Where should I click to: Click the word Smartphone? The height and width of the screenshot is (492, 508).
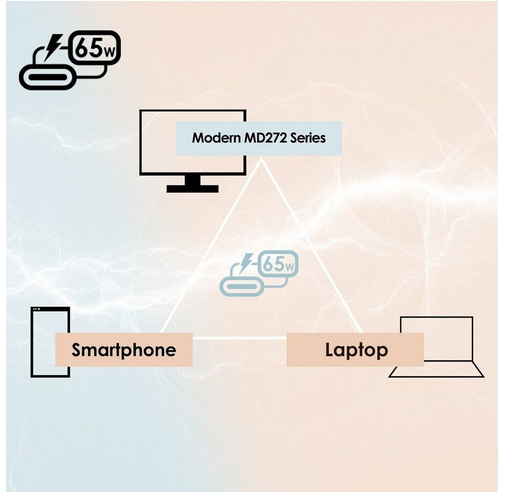pyautogui.click(x=123, y=350)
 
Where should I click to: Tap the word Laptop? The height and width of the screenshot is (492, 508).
pyautogui.click(x=356, y=350)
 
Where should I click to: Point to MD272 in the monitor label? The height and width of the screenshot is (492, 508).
pyautogui.click(x=264, y=138)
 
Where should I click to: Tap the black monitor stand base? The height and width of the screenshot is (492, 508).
pyautogui.click(x=193, y=189)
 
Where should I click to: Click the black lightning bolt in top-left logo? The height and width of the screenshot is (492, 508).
pyautogui.click(x=53, y=46)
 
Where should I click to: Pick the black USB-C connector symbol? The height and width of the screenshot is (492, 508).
pyautogui.click(x=48, y=79)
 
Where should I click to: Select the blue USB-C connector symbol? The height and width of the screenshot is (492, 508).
pyautogui.click(x=242, y=287)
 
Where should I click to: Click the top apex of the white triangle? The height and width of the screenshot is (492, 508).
pyautogui.click(x=262, y=159)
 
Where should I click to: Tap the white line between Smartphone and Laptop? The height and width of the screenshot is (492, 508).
pyautogui.click(x=239, y=338)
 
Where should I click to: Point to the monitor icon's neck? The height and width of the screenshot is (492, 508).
pyautogui.click(x=193, y=180)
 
